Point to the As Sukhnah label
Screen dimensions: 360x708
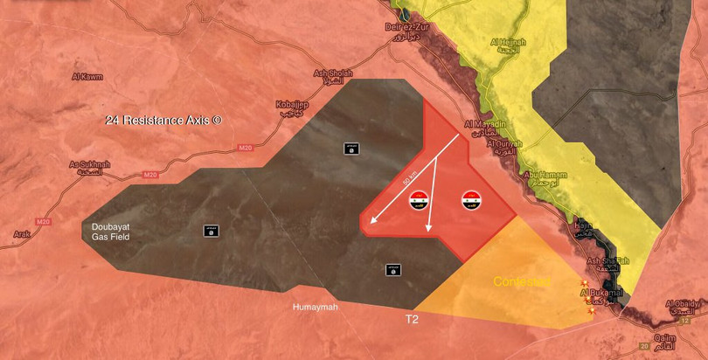click(x=90, y=164)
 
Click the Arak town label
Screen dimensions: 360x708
click(x=23, y=233)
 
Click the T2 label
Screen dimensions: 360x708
click(x=412, y=320)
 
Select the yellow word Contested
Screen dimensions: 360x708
click(x=521, y=281)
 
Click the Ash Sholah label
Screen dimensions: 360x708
click(x=333, y=74)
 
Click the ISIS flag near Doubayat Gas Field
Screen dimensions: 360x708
click(x=211, y=232)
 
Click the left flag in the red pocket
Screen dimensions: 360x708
click(x=418, y=202)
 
